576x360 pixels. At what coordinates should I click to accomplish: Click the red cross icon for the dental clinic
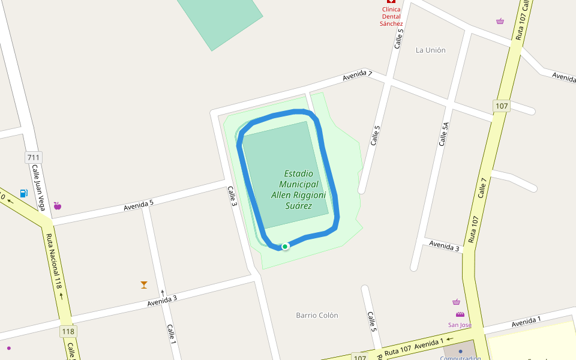pos(391,2)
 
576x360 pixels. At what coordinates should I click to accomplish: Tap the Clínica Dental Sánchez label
pos(391,16)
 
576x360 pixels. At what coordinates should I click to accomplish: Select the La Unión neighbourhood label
pos(431,50)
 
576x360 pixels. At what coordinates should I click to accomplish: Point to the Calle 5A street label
pos(444,134)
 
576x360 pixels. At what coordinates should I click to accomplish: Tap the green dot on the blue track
pos(285,246)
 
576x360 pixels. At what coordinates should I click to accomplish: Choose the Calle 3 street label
pos(233,197)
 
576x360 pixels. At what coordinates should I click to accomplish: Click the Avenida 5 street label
pos(139,205)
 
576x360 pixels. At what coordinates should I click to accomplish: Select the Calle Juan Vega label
pos(39,188)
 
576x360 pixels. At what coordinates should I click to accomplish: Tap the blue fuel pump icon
pos(24,193)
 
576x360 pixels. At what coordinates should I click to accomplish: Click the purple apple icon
pos(58,206)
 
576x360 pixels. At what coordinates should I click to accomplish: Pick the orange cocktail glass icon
pos(144,284)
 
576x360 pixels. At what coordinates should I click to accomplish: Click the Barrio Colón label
pos(317,315)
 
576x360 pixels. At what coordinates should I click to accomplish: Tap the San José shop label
pos(460,325)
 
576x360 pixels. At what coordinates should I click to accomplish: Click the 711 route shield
pos(34,158)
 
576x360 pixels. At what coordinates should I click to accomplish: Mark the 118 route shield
pos(68,331)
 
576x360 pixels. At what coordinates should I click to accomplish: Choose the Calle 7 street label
pos(484,187)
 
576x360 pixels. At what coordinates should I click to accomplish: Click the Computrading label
pos(460,358)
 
